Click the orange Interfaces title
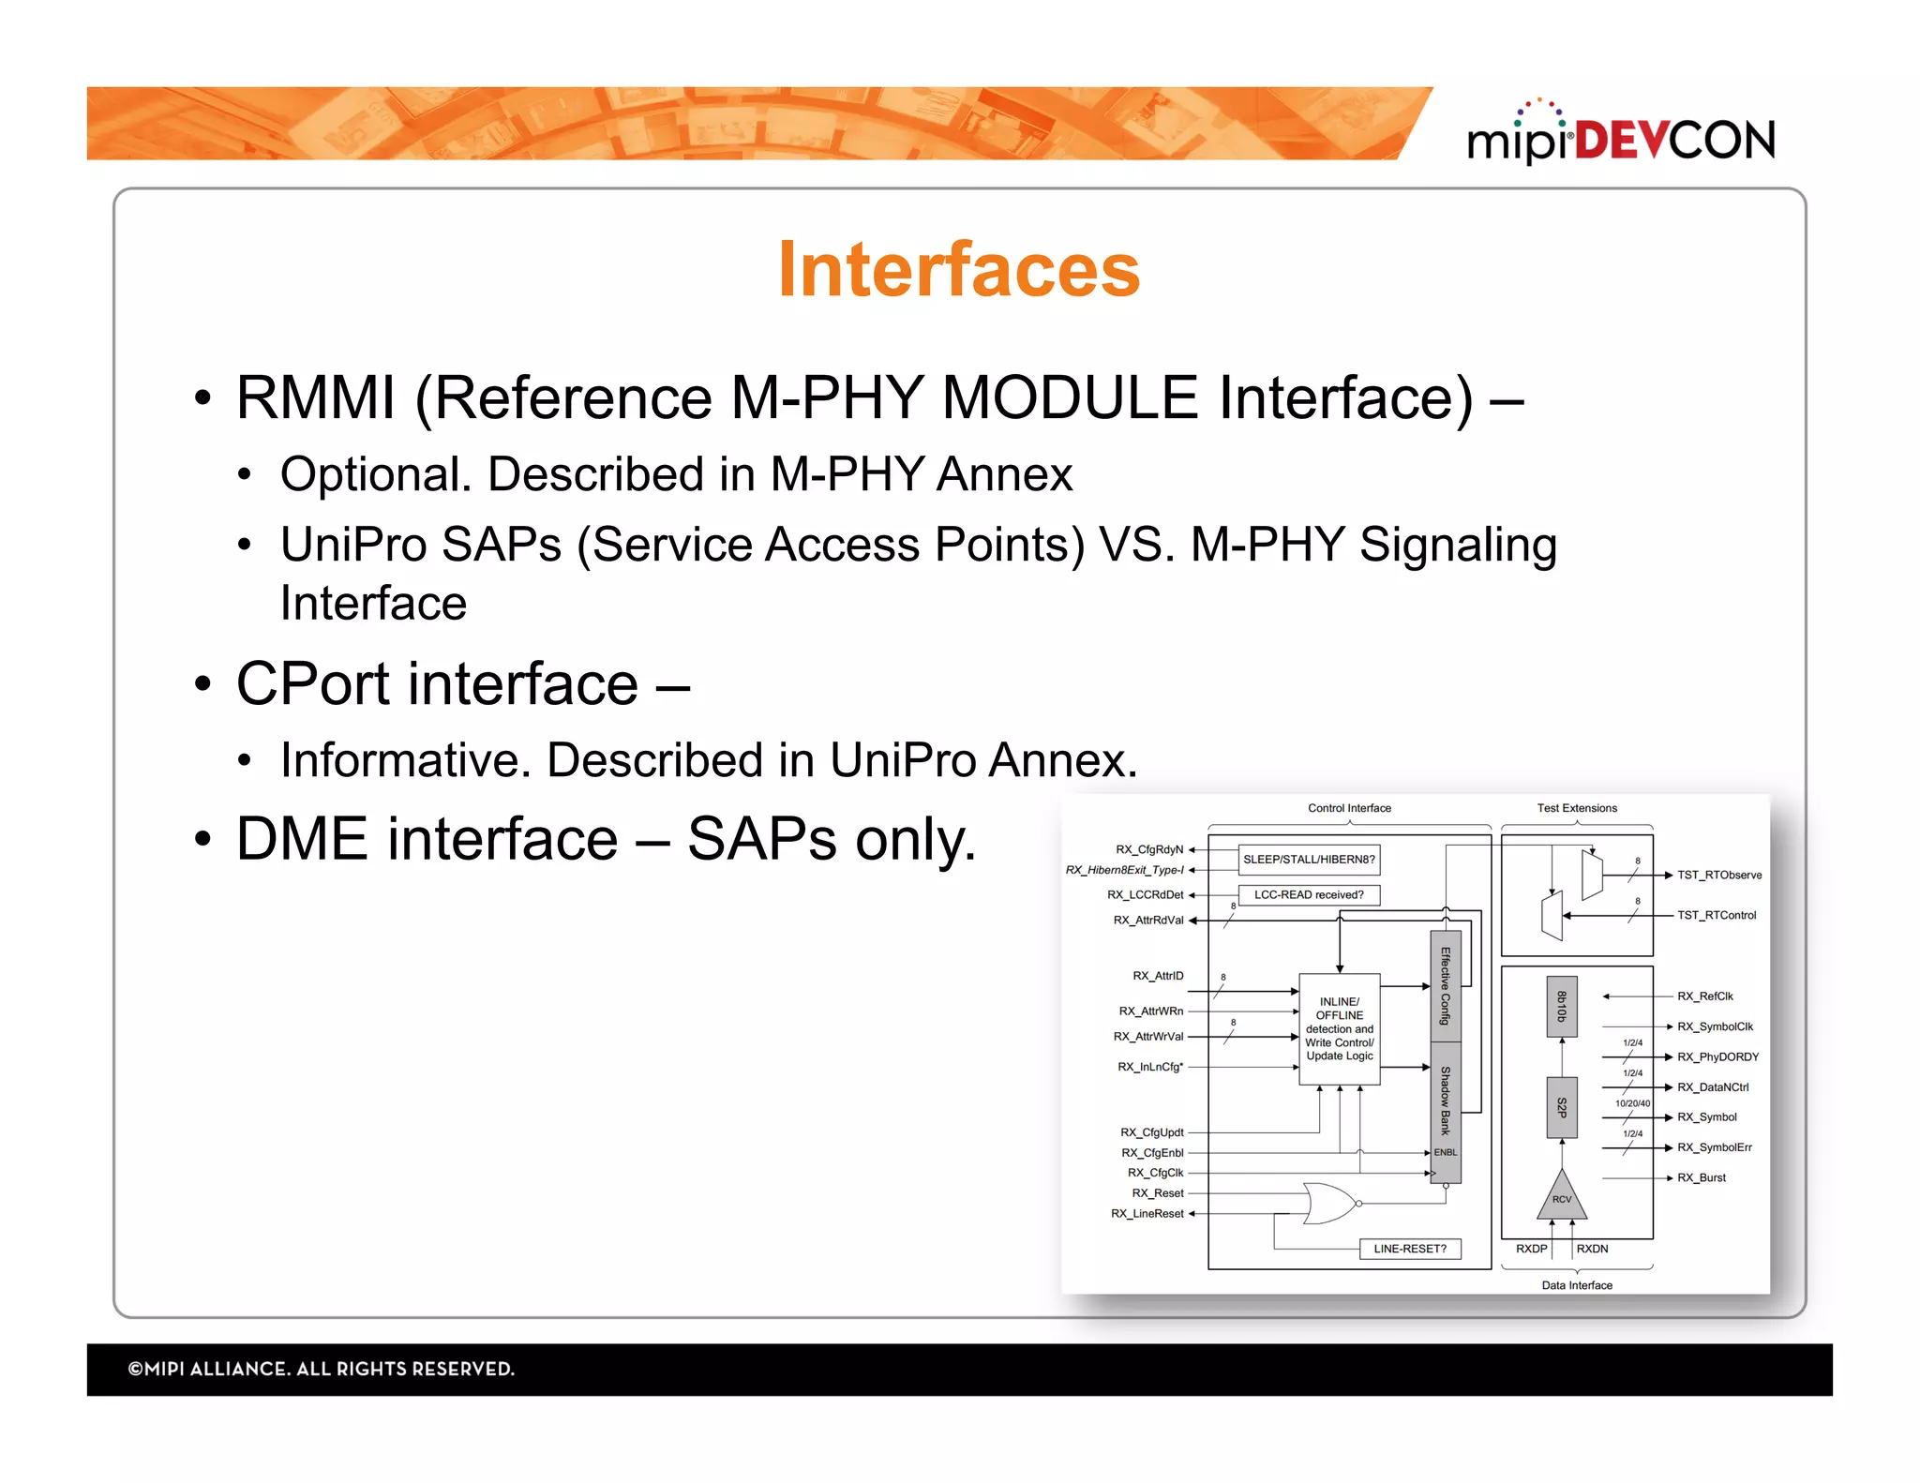click(x=958, y=270)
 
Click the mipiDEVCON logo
click(x=1621, y=137)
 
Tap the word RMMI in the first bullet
click(x=315, y=397)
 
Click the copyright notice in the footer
click(x=321, y=1369)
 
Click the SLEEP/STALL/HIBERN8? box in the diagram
click(x=1309, y=859)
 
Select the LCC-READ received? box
click(x=1309, y=894)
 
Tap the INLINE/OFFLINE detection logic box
click(x=1339, y=1028)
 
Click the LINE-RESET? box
click(x=1410, y=1249)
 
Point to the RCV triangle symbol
click(x=1561, y=1197)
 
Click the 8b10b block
click(x=1561, y=1007)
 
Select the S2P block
click(x=1561, y=1107)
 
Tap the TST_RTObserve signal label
click(x=1719, y=875)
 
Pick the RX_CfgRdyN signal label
click(x=1149, y=849)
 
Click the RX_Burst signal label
click(x=1701, y=1177)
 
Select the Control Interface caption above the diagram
click(x=1349, y=808)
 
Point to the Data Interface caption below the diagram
click(x=1577, y=1285)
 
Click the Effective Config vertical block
click(x=1446, y=985)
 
